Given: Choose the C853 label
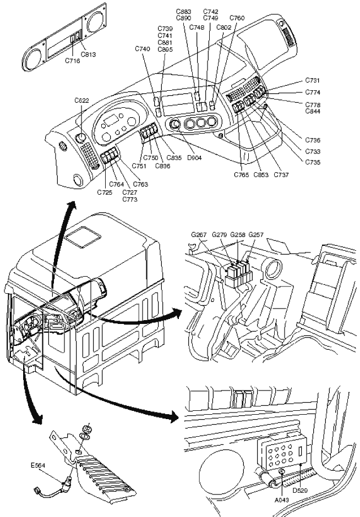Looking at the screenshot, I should [261, 175].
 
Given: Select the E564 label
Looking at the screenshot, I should [38, 465].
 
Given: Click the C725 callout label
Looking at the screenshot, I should [105, 192].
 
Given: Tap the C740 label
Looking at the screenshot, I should [142, 49].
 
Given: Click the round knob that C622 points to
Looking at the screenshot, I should [80, 137].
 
